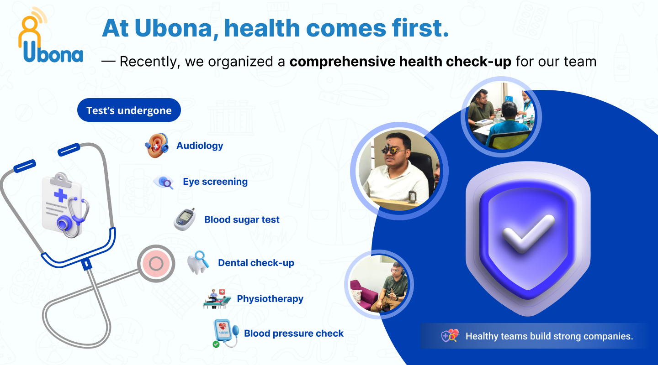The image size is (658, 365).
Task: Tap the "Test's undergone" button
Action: [x=129, y=110]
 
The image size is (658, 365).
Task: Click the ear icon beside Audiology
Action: [x=157, y=145]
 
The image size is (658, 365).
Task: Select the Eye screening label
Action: [x=215, y=182]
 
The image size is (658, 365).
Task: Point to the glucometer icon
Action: [x=185, y=219]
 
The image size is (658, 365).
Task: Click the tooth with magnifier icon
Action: [x=198, y=263]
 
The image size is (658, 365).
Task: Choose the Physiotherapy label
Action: [x=270, y=299]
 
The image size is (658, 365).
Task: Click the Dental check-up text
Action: [x=256, y=263]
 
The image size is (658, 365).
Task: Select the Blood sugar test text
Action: [x=242, y=219]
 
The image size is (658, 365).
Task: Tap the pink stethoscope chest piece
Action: [x=156, y=263]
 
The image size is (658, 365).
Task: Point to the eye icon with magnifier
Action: [x=163, y=182]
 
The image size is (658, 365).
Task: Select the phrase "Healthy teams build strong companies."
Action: [x=549, y=336]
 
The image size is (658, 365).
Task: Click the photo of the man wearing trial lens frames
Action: [x=399, y=171]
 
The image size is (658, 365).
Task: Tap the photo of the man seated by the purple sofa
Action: [x=379, y=284]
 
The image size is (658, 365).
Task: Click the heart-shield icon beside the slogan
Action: [x=450, y=336]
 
